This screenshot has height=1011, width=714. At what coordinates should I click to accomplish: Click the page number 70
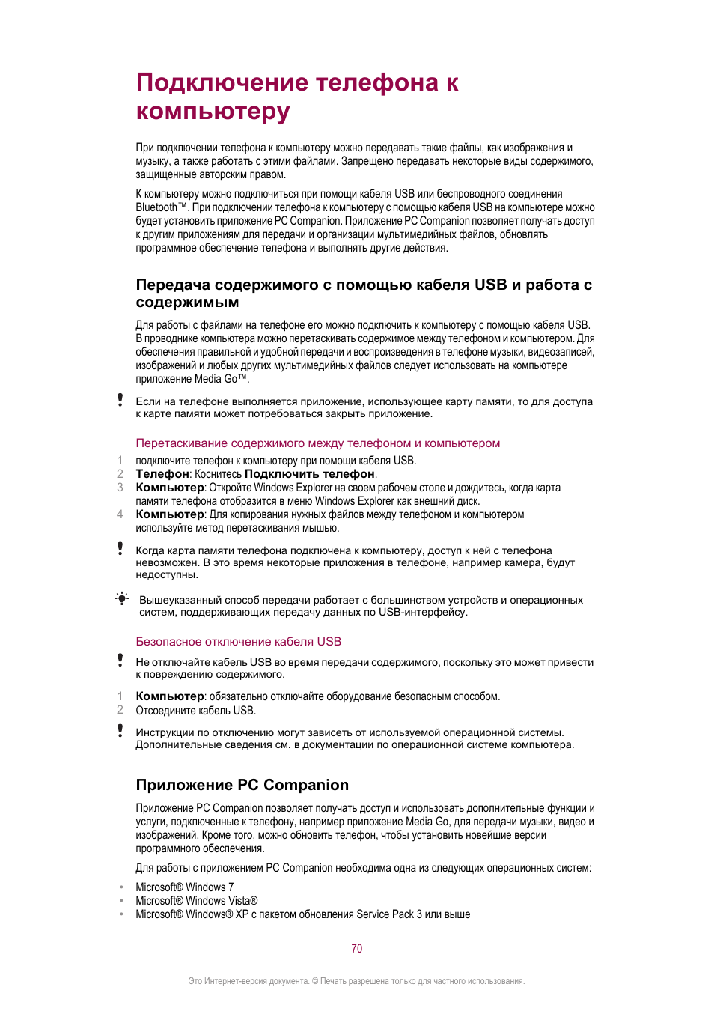click(x=357, y=949)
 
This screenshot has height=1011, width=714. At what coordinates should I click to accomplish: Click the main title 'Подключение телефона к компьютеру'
click(x=297, y=97)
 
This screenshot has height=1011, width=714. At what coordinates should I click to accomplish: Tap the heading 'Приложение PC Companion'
click(x=242, y=785)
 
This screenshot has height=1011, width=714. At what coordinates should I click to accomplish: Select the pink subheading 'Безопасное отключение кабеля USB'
click(x=238, y=642)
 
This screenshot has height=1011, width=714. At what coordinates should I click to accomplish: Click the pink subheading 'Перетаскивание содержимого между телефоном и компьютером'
click(x=317, y=443)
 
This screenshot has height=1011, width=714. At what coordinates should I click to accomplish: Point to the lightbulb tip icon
click(x=121, y=598)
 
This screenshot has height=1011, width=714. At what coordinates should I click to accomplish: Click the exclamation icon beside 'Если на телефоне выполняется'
click(x=120, y=400)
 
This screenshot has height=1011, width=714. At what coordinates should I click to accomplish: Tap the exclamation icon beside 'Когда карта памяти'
click(x=120, y=549)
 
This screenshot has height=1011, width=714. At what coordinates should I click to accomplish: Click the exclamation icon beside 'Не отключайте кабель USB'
click(x=120, y=660)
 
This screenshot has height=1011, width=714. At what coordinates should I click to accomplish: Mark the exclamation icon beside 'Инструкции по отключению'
click(x=120, y=730)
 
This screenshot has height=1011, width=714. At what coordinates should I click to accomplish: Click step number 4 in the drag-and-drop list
click(x=120, y=514)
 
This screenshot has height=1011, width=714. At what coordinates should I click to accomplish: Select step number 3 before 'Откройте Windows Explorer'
click(x=120, y=488)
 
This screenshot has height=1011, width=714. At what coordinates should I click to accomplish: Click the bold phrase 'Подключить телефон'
click(x=309, y=474)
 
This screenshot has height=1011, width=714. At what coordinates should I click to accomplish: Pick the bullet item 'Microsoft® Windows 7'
click(x=184, y=887)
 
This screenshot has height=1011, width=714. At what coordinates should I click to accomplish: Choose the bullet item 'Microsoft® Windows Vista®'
click(x=196, y=901)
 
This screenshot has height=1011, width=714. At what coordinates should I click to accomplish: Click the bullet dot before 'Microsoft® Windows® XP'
click(x=121, y=914)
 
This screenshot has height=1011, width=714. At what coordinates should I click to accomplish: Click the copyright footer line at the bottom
click(x=356, y=981)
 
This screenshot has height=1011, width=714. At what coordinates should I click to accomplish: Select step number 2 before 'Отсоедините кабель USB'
click(x=120, y=710)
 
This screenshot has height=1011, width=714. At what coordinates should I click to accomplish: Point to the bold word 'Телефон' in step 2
click(x=162, y=474)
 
